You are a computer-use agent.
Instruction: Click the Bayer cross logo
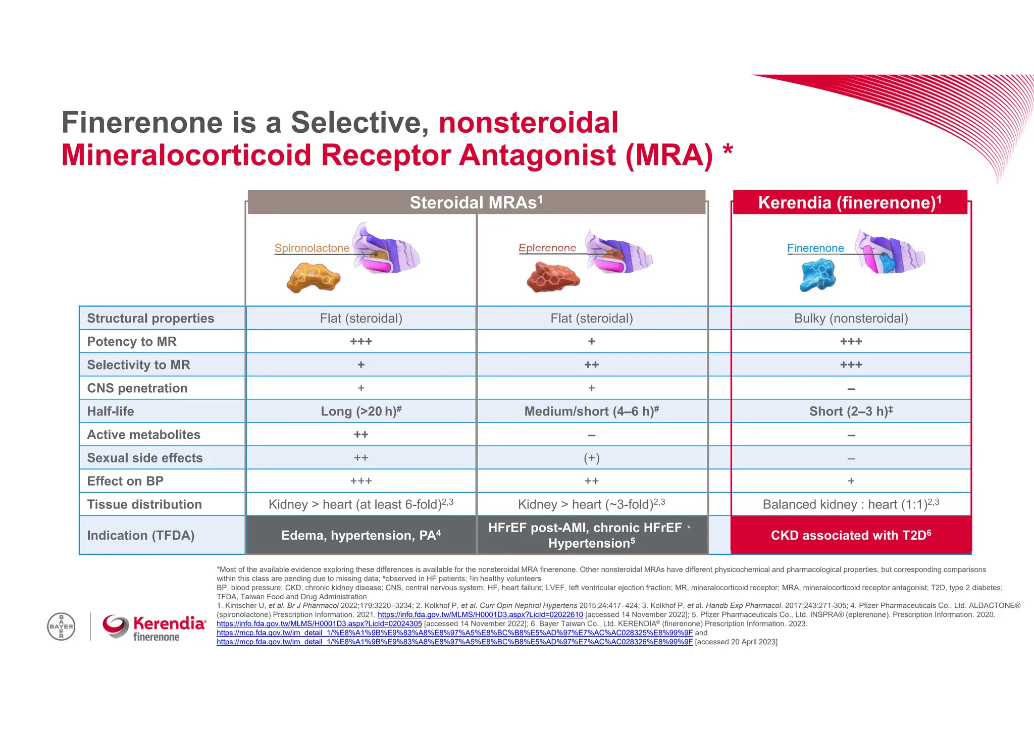tap(61, 626)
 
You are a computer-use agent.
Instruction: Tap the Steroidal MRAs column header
tap(476, 202)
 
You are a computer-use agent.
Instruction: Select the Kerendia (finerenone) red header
tap(850, 202)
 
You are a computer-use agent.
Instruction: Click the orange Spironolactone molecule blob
tap(313, 278)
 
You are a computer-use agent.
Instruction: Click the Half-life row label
tap(111, 411)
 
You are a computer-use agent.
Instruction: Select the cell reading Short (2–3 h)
tap(851, 411)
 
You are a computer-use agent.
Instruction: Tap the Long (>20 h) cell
tap(361, 411)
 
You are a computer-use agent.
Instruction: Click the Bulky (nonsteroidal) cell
tap(851, 319)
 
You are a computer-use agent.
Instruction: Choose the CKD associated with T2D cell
tap(851, 535)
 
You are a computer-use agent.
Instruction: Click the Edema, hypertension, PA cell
tap(361, 535)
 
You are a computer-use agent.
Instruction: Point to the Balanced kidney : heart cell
tap(851, 504)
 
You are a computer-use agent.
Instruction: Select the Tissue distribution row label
tap(144, 504)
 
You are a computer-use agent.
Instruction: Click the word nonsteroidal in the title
tap(528, 123)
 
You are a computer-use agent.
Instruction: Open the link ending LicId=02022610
tap(480, 615)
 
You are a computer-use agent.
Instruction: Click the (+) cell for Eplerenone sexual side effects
tap(592, 458)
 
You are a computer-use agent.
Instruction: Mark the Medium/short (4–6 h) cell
tap(592, 411)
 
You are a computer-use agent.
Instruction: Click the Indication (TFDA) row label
tap(141, 535)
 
